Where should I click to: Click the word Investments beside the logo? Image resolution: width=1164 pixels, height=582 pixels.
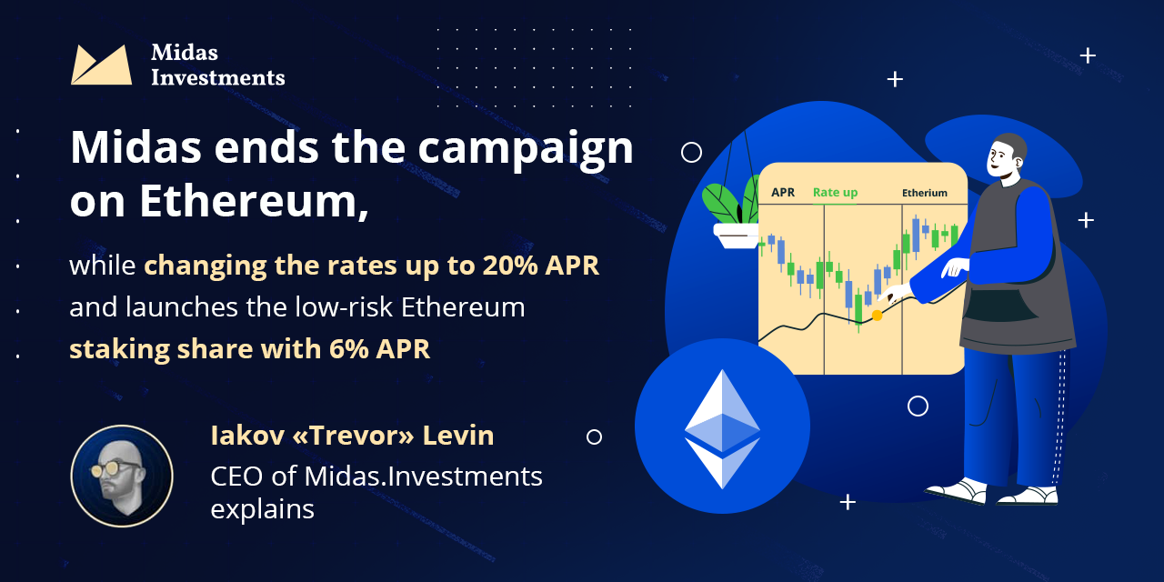217,78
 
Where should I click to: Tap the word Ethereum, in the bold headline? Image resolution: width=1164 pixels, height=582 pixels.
254,201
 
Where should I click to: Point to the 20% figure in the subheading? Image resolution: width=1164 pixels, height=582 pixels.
510,265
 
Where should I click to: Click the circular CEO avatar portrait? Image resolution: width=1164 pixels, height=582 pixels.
122,476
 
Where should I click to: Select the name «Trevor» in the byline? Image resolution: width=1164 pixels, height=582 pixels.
354,435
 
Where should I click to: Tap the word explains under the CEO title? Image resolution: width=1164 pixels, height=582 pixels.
263,509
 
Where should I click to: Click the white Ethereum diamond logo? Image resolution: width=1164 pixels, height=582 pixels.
722,428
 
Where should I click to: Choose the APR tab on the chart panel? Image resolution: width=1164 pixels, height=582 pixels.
783,192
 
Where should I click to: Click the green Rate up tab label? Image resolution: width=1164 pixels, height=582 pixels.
835,193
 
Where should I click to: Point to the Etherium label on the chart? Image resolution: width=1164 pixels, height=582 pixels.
925,193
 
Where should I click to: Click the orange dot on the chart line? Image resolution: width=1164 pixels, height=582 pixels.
877,316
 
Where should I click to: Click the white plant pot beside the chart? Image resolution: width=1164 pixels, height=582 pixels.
737,236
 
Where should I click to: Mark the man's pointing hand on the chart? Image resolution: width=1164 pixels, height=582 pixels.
895,294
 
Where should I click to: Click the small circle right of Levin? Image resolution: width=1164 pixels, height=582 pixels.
594,437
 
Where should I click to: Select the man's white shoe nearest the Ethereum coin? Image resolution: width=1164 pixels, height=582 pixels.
956,491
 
